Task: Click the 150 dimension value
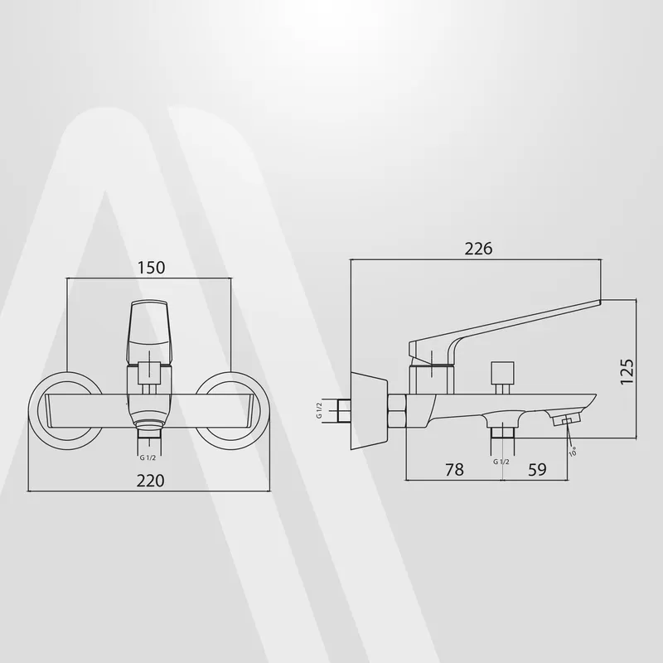click(x=152, y=268)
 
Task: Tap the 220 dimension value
click(x=151, y=481)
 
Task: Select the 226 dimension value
click(x=479, y=249)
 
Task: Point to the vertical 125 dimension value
click(x=627, y=371)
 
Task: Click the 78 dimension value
click(x=454, y=469)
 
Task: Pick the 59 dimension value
click(x=537, y=469)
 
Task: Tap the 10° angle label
click(x=573, y=452)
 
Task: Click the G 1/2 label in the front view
click(x=148, y=458)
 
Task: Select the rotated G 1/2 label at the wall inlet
click(x=319, y=410)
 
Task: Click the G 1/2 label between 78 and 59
click(x=501, y=462)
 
